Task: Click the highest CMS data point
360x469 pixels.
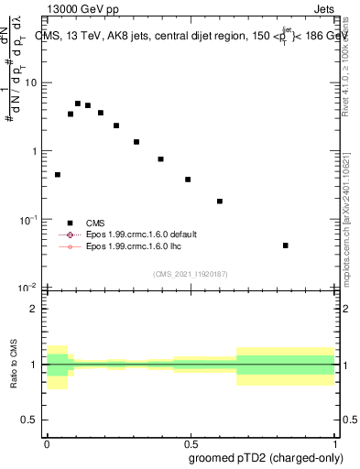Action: [x=78, y=104]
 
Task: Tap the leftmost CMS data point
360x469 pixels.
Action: [x=57, y=174]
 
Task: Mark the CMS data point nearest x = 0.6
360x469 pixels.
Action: [x=220, y=201]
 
